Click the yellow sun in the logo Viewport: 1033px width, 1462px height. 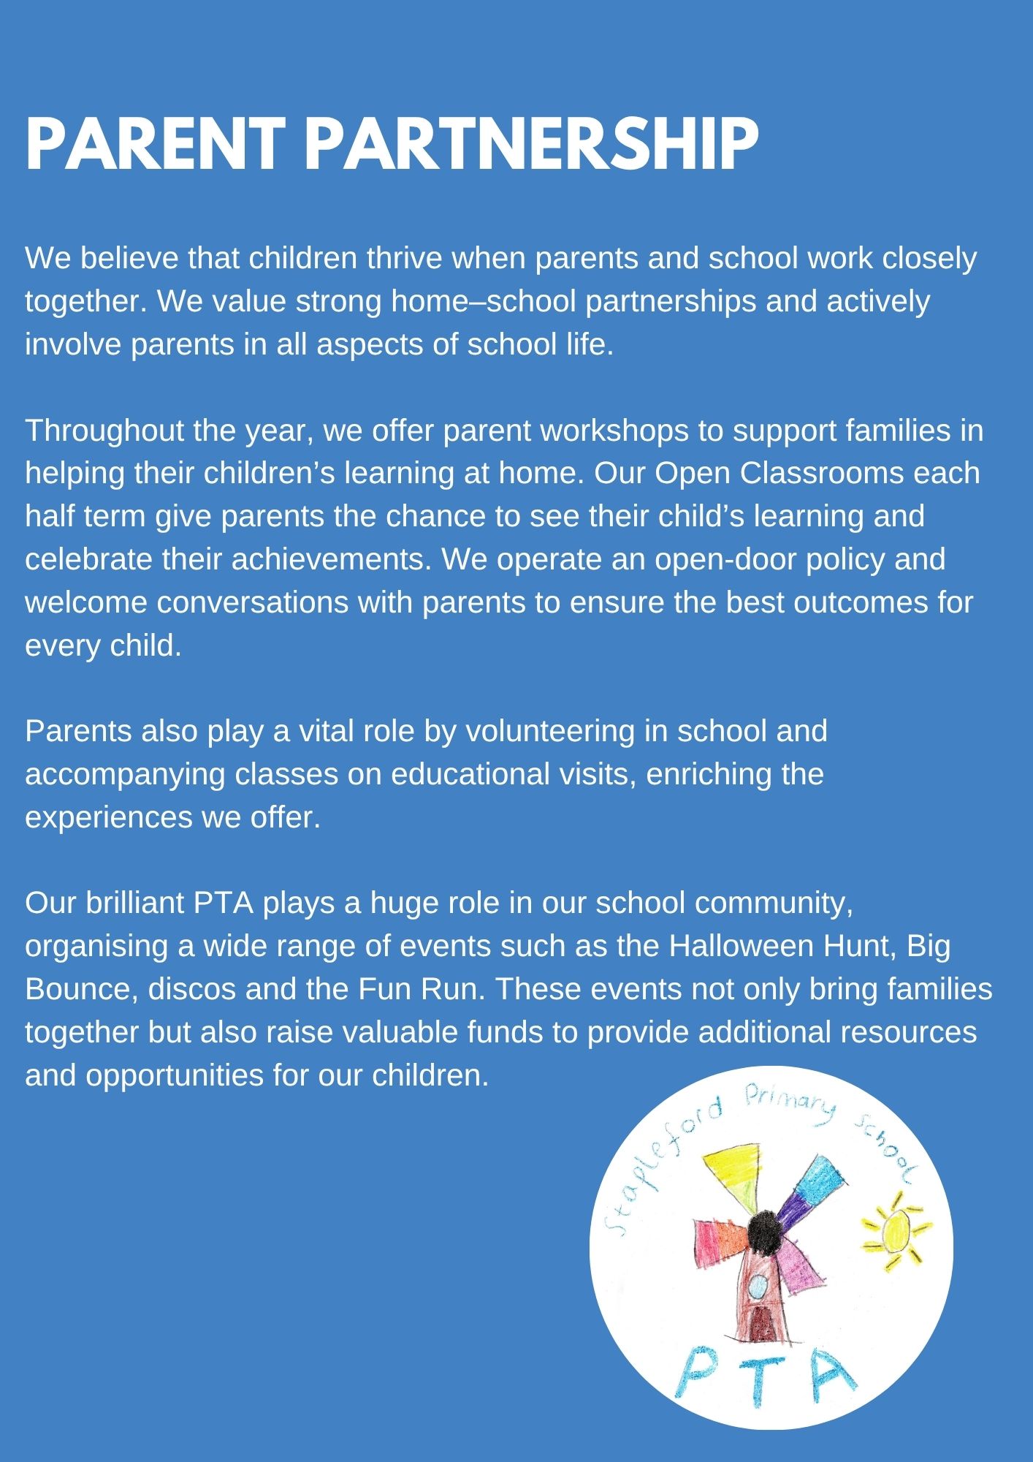pos(894,1230)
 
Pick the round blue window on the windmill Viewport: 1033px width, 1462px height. pos(760,1284)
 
